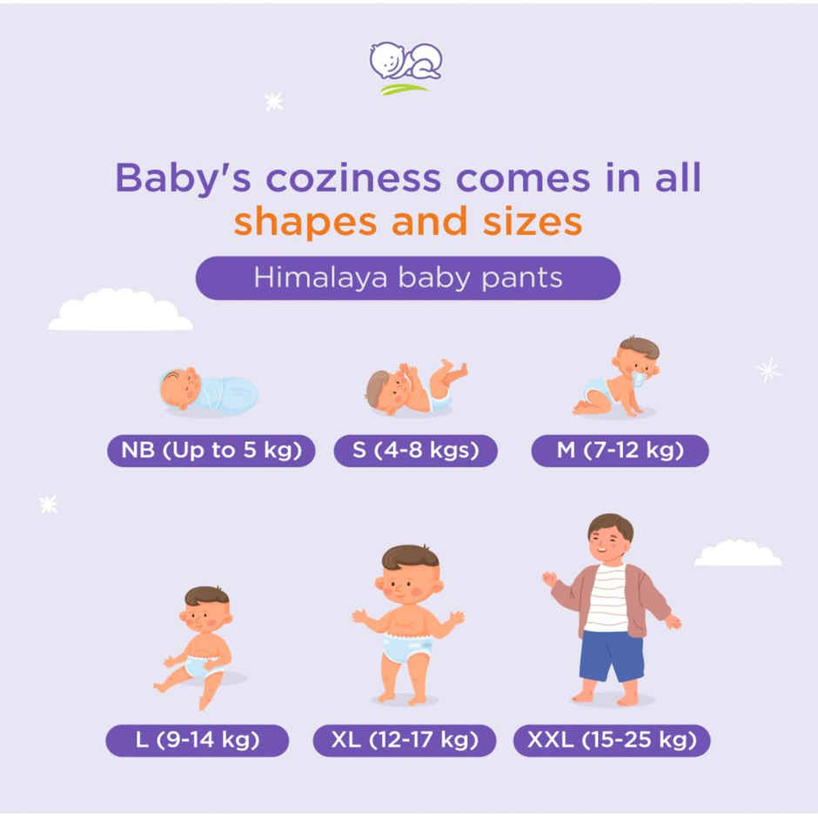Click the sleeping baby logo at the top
click(x=406, y=66)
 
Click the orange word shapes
click(x=306, y=221)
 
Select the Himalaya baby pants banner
click(x=407, y=278)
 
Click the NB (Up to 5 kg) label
click(x=211, y=451)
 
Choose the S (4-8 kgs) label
click(x=415, y=451)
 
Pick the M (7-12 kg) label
click(x=620, y=451)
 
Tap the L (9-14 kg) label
click(x=197, y=741)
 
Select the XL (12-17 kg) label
click(x=405, y=741)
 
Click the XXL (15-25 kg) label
click(x=612, y=741)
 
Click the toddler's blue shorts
click(x=612, y=655)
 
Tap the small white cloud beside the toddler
click(x=737, y=553)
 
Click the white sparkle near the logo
click(x=274, y=102)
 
